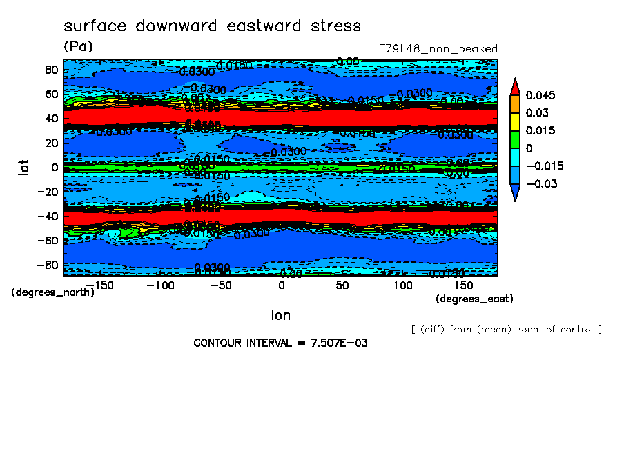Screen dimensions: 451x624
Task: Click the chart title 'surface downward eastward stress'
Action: point(212,26)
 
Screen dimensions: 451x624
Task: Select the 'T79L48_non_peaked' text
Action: point(438,49)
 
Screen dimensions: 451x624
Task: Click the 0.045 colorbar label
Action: point(540,95)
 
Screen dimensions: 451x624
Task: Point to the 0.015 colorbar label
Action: point(540,131)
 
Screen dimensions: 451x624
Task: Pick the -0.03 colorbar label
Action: point(540,183)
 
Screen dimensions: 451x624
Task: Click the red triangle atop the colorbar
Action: point(514,86)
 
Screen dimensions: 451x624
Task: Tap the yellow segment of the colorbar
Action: point(514,121)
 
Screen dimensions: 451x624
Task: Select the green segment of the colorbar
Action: point(514,139)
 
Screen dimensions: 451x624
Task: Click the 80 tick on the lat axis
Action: point(50,69)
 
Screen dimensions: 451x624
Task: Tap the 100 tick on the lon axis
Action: point(402,285)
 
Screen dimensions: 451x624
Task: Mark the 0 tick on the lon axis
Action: point(281,285)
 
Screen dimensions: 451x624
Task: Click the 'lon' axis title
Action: point(280,315)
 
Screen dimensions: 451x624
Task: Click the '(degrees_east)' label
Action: point(474,299)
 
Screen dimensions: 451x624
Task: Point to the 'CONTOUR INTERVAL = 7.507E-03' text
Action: point(280,343)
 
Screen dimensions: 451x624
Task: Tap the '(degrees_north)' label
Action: point(53,292)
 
